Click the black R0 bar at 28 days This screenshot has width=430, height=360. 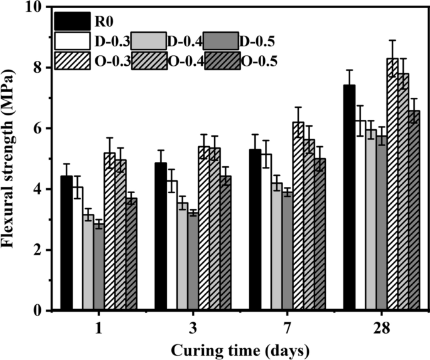(349, 198)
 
